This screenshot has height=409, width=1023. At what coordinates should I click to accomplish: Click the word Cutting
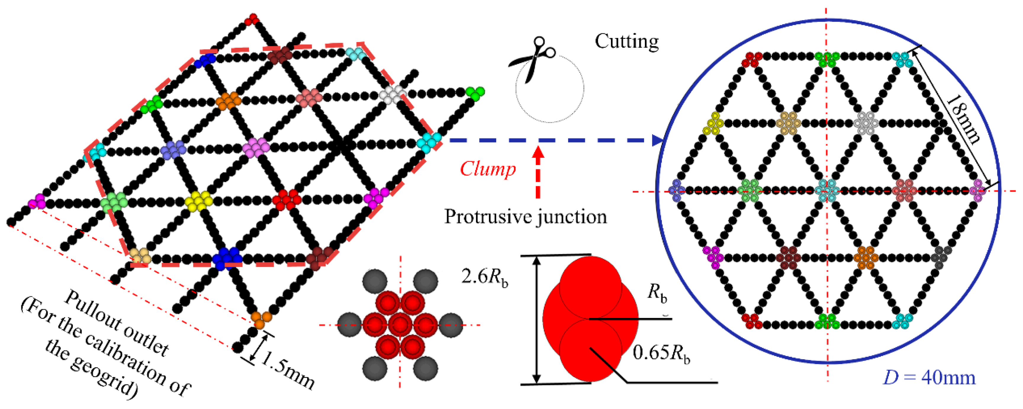[627, 42]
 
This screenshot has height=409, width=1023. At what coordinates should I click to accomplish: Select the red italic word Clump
[488, 169]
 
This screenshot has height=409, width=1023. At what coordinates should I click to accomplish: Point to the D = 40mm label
[929, 378]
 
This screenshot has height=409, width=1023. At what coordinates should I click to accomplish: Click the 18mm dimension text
[963, 119]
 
